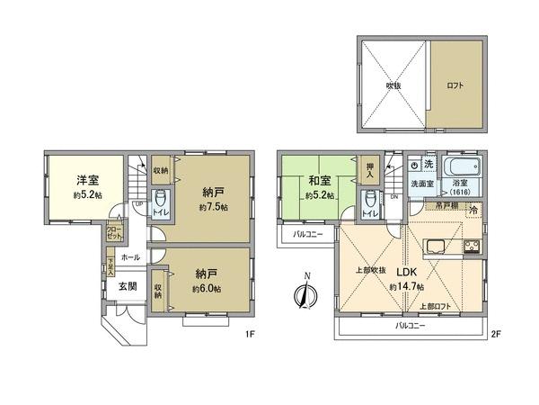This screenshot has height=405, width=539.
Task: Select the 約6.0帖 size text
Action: pyautogui.click(x=208, y=290)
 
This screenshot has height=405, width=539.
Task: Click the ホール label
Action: pyautogui.click(x=129, y=256)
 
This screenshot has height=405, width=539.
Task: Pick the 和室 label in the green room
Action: pyautogui.click(x=319, y=179)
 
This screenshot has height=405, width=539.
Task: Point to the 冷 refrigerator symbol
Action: pyautogui.click(x=473, y=210)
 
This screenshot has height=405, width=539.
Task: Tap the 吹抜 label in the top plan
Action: pyautogui.click(x=393, y=85)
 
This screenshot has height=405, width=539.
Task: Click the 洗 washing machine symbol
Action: pyautogui.click(x=429, y=165)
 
